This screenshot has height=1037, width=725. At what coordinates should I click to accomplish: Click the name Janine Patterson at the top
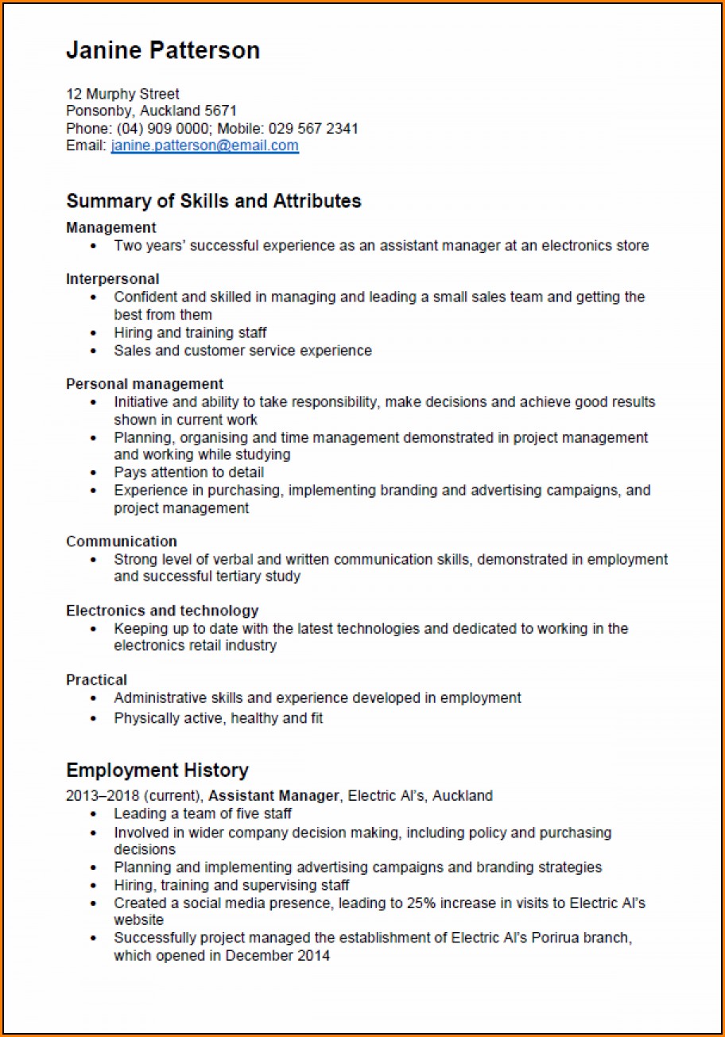pyautogui.click(x=163, y=51)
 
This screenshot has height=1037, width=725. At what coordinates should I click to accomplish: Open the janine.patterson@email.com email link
pyautogui.click(x=204, y=146)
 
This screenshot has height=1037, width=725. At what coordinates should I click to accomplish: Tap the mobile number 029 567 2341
pyautogui.click(x=313, y=128)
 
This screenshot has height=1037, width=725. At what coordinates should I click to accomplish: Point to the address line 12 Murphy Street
pyautogui.click(x=122, y=94)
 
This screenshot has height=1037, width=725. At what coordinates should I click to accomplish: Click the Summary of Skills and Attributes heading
pyautogui.click(x=213, y=201)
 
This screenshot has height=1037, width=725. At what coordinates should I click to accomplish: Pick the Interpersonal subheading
pyautogui.click(x=112, y=279)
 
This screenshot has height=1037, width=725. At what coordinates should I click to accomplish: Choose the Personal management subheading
pyautogui.click(x=145, y=384)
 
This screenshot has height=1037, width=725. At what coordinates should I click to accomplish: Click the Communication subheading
pyautogui.click(x=122, y=542)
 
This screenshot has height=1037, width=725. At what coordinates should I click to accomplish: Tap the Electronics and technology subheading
pyautogui.click(x=162, y=611)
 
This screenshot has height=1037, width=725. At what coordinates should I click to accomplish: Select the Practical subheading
pyautogui.click(x=96, y=680)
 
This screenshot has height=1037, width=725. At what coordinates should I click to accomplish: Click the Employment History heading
pyautogui.click(x=157, y=770)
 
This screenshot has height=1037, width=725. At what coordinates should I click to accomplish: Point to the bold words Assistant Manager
pyautogui.click(x=274, y=795)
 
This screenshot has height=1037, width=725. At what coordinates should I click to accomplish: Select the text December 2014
pyautogui.click(x=277, y=956)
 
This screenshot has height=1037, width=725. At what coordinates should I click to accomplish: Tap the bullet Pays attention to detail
pyautogui.click(x=188, y=472)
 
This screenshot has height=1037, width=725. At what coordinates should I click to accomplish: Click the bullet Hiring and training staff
pyautogui.click(x=190, y=332)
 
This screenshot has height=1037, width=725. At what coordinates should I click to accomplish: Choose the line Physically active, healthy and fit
pyautogui.click(x=218, y=718)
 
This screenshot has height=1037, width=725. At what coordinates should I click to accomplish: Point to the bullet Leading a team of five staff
pyautogui.click(x=203, y=814)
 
